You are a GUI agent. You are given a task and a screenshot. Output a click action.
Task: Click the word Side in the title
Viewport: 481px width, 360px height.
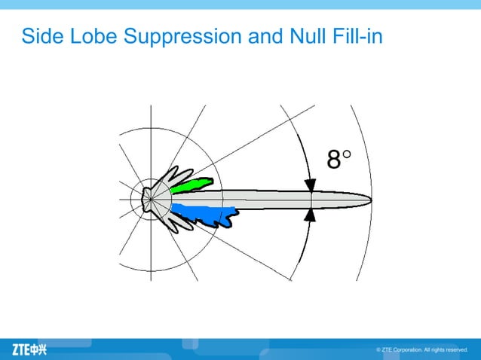[x=43, y=35]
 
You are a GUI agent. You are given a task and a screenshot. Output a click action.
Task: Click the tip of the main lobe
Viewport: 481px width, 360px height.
[x=369, y=200]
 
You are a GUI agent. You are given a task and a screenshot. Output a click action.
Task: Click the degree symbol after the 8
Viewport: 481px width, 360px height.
[x=347, y=156]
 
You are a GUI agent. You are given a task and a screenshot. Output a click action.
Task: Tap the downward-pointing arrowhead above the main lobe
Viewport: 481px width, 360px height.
[x=310, y=185]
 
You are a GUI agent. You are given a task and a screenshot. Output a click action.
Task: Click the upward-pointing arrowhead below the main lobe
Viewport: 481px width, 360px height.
[x=310, y=215]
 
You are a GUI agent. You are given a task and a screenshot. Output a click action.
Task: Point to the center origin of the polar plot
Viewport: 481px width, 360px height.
[x=150, y=200]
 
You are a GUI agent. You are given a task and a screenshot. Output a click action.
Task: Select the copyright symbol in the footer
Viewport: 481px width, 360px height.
[x=378, y=350]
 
